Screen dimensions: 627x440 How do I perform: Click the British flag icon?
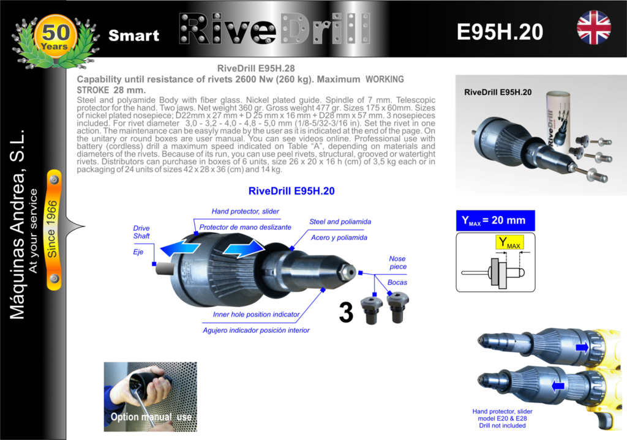pos(594,28)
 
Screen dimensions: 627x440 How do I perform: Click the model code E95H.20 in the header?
pos(500,32)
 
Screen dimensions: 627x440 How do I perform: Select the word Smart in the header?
pos(134,35)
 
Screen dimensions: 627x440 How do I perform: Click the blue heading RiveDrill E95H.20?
pos(291,191)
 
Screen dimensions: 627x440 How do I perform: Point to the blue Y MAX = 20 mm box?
pos(495,220)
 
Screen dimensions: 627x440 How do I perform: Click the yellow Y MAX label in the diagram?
pos(509,242)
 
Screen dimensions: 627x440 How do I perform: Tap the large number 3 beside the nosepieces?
pos(346,313)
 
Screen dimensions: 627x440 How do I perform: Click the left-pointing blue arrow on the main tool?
pos(181,248)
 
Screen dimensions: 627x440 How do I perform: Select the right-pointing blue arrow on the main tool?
pos(244,248)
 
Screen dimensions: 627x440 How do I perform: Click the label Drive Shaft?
pos(141,232)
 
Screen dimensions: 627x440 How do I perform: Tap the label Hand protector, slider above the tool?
pos(245,211)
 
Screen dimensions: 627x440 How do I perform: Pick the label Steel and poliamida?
pos(340,222)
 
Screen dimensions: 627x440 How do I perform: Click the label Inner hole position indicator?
pos(256,315)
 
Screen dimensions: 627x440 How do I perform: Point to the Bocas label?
pos(397,283)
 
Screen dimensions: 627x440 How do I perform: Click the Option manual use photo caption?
pos(151,417)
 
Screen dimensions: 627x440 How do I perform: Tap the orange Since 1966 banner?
pos(54,229)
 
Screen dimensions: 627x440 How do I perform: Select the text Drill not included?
pos(502,425)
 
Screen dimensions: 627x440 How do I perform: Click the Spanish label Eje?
pos(138,252)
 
